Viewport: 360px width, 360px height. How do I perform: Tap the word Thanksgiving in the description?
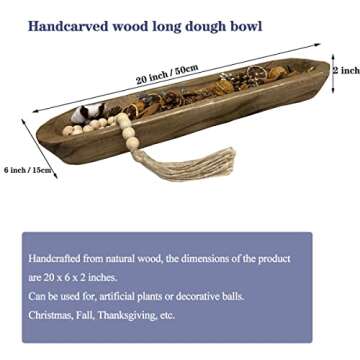click(134, 314)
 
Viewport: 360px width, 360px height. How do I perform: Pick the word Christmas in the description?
click(50, 314)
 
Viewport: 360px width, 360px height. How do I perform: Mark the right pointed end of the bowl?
click(324, 73)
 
